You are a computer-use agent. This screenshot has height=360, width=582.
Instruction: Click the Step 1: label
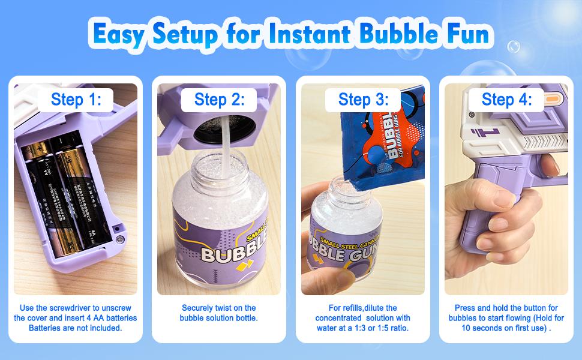pos(76,99)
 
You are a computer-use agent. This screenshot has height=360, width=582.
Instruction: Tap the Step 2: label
pos(219,99)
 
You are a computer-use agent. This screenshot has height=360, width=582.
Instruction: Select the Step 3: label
pos(363,99)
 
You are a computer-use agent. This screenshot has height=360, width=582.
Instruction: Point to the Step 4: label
pos(506,99)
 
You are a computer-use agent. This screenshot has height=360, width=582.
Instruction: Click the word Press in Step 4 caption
pos(465,308)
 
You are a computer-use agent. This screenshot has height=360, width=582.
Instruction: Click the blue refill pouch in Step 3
pos(384,144)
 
